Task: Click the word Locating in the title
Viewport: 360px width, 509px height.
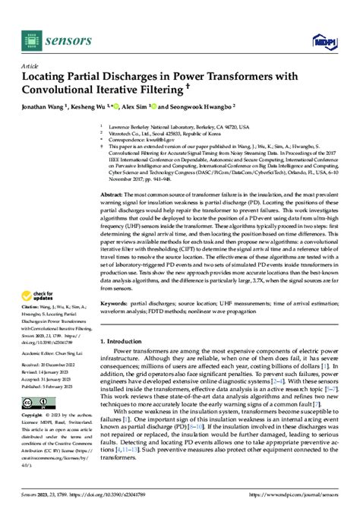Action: (51, 77)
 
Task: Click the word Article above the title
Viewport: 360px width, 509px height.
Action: (30, 66)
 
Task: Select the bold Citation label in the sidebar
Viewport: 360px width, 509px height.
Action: (30, 306)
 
